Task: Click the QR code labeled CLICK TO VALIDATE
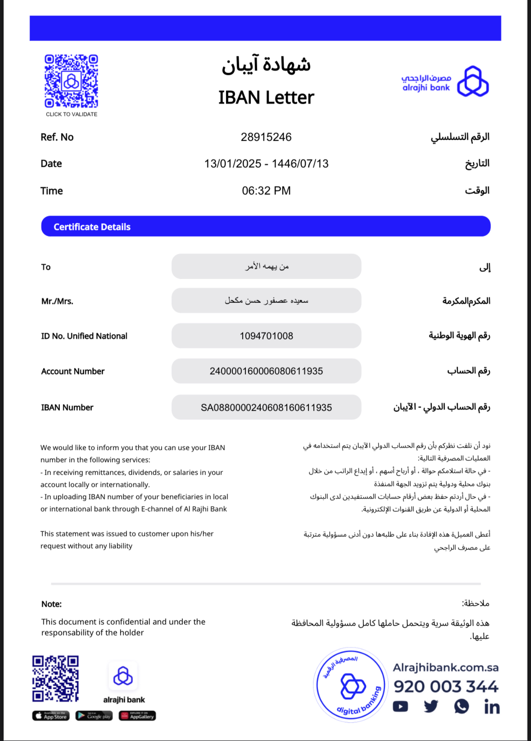[71, 81]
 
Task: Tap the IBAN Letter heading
[266, 97]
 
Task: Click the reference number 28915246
[266, 137]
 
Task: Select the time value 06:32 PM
[266, 191]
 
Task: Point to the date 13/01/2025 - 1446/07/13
[266, 164]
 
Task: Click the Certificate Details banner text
[92, 227]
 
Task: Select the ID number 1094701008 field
[266, 336]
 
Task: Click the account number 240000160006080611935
[266, 371]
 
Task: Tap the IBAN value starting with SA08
[266, 407]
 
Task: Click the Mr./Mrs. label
[57, 301]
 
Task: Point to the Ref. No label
[57, 137]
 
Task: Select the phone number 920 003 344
[446, 686]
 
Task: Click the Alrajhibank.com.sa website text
[445, 668]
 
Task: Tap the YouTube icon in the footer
[400, 706]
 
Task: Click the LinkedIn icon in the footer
[492, 707]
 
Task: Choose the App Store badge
[51, 716]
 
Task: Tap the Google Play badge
[94, 716]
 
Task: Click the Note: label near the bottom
[51, 604]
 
